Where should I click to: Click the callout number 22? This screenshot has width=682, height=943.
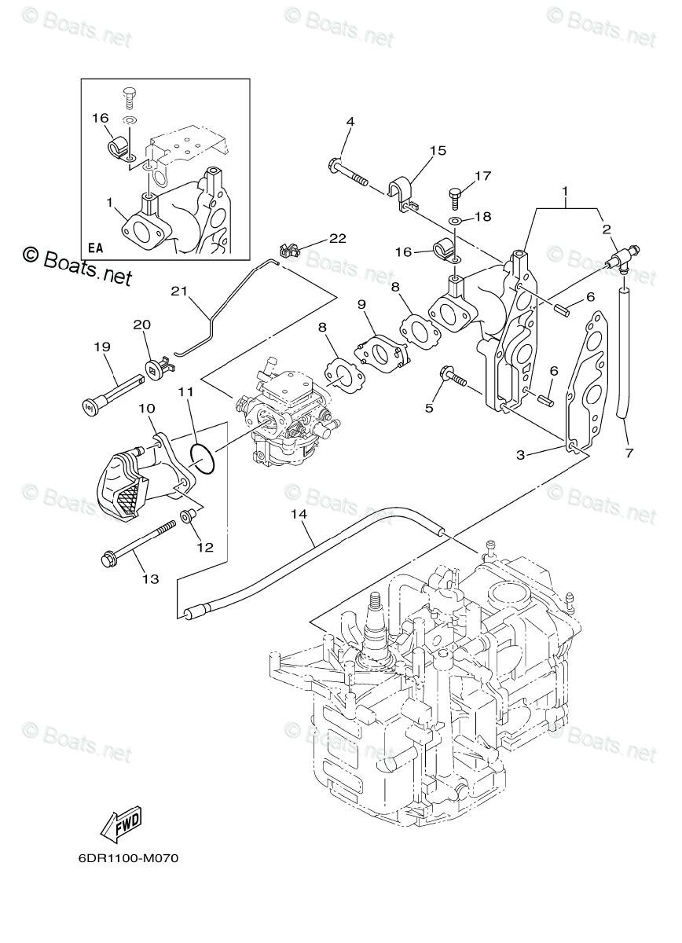coord(338,238)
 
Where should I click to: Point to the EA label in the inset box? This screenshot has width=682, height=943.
coord(96,248)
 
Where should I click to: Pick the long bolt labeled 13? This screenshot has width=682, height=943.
coord(138,543)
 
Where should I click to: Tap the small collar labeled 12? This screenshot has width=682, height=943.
coord(185,516)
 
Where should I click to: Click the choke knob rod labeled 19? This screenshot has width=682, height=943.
coord(112,391)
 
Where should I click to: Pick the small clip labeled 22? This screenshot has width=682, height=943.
coord(289,250)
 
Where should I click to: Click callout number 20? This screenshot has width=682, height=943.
coord(142,325)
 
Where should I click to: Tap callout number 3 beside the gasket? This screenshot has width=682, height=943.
coord(521,455)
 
